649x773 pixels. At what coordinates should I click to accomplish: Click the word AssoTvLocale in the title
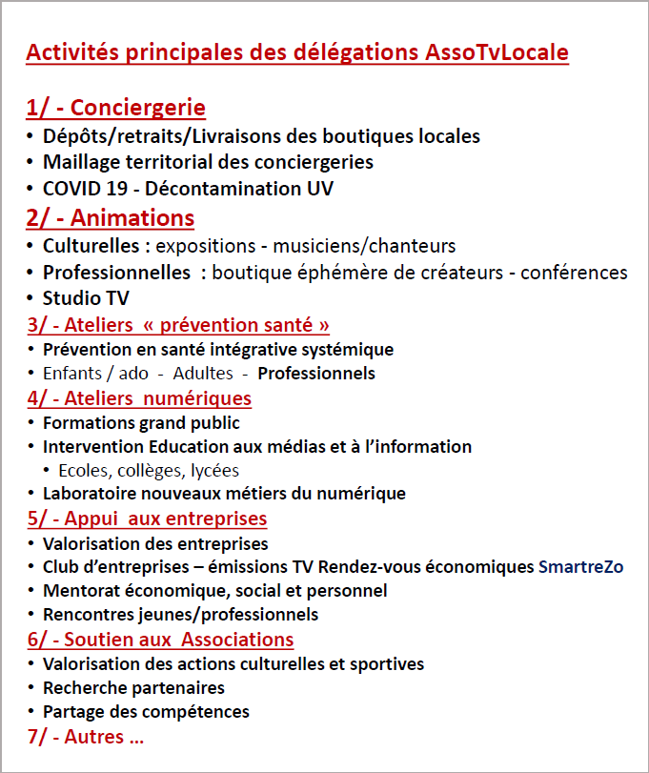pyautogui.click(x=496, y=52)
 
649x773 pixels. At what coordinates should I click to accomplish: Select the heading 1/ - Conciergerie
pyautogui.click(x=115, y=108)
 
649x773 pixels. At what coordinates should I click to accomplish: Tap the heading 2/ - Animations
pyautogui.click(x=111, y=218)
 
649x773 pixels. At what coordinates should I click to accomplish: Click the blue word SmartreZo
pyautogui.click(x=580, y=567)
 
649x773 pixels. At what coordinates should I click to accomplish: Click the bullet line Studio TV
pyautogui.click(x=86, y=298)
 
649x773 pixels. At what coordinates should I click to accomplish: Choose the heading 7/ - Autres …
pyautogui.click(x=85, y=736)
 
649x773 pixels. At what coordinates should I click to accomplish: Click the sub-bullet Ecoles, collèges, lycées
pyautogui.click(x=149, y=470)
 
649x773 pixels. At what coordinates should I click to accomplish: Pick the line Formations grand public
pyautogui.click(x=141, y=422)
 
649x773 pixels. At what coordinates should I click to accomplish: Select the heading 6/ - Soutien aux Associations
pyautogui.click(x=160, y=639)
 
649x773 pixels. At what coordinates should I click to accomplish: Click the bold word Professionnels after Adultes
pyautogui.click(x=316, y=373)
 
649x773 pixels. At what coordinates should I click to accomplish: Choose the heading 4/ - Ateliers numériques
pyautogui.click(x=139, y=397)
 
